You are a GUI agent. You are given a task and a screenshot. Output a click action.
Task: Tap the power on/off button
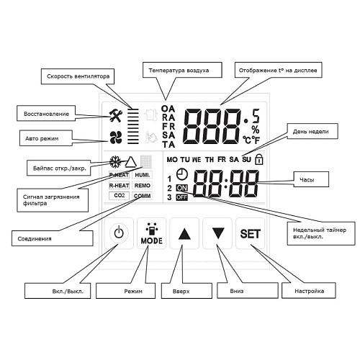pyautogui.click(x=120, y=233)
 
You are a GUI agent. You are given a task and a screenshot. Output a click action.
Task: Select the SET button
pyautogui.click(x=251, y=233)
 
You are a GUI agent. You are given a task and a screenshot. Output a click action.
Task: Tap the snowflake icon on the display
pyautogui.click(x=115, y=162)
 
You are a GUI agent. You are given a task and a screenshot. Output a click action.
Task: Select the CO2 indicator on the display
pyautogui.click(x=119, y=196)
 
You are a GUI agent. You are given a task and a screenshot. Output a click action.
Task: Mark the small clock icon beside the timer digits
pyautogui.click(x=181, y=174)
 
